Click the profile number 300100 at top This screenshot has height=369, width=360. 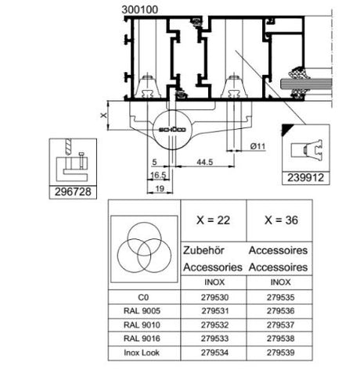(140, 10)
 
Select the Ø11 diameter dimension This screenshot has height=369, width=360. (257, 146)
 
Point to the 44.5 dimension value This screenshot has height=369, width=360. (205, 162)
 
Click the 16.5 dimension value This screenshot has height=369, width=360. (158, 175)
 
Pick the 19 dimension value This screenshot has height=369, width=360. (160, 188)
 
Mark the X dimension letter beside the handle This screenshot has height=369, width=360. (104, 115)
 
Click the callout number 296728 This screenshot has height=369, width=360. (73, 192)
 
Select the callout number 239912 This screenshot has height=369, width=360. (305, 178)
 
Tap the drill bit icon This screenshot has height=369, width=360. (68, 147)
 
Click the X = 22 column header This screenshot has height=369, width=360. (214, 220)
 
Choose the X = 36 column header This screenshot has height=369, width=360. (281, 220)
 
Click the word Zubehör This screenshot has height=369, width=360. (203, 250)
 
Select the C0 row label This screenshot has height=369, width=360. (143, 297)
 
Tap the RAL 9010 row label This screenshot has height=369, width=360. (142, 325)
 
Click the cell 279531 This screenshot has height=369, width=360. (214, 311)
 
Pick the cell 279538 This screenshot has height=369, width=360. (280, 339)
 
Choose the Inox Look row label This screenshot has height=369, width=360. (142, 353)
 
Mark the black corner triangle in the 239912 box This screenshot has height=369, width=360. (286, 129)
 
